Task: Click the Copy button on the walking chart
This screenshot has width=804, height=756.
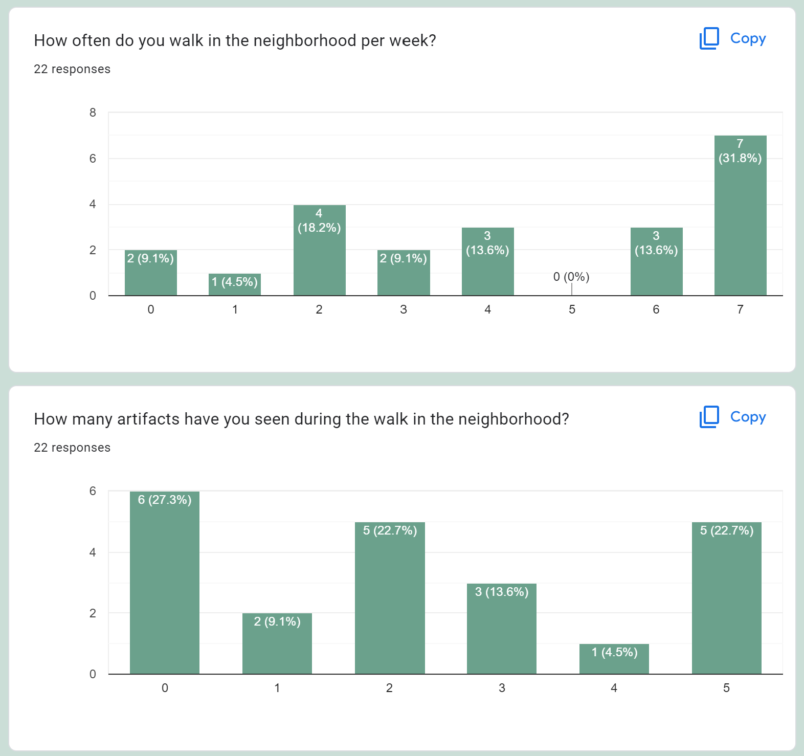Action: [x=733, y=38]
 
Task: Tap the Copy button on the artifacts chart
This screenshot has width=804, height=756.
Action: [x=733, y=417]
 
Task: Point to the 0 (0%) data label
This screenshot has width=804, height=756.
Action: [x=571, y=277]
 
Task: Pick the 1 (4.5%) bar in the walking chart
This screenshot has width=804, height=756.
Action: [x=235, y=284]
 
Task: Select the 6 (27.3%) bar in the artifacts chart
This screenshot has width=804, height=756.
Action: [x=165, y=583]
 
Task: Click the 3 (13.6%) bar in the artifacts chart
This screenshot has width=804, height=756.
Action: [x=502, y=629]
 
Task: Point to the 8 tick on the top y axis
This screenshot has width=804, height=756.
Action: [x=93, y=113]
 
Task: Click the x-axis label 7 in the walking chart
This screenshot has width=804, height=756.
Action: [x=740, y=309]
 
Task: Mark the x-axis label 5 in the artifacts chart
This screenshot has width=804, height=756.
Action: [x=726, y=688]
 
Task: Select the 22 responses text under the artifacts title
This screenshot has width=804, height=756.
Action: [x=72, y=448]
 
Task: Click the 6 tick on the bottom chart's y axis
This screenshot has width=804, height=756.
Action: [x=93, y=491]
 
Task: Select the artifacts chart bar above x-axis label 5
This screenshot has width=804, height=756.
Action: [x=726, y=598]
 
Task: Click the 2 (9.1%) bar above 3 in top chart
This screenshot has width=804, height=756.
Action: [x=404, y=274]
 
